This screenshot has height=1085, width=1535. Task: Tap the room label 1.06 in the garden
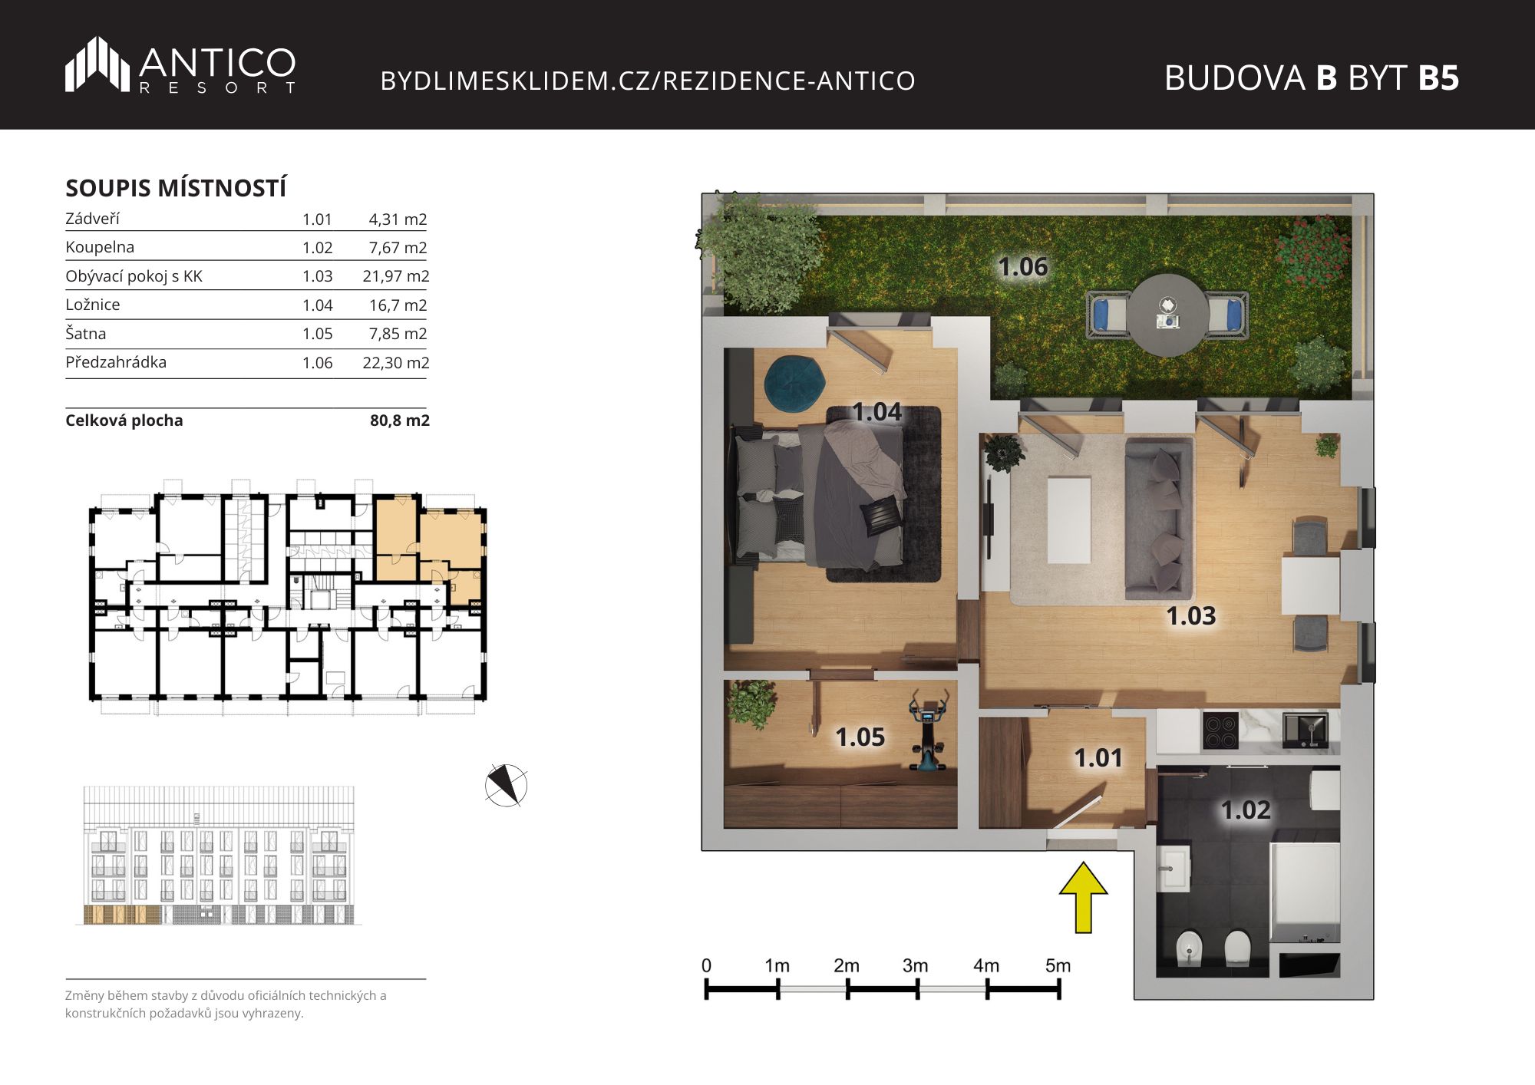tap(1022, 267)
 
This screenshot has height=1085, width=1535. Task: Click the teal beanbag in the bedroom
tap(794, 382)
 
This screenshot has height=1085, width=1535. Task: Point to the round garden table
tap(1167, 315)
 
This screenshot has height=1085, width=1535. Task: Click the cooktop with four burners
tap(1220, 731)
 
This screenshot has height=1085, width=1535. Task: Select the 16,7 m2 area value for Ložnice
tap(398, 305)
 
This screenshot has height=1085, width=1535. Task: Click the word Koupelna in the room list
tap(100, 247)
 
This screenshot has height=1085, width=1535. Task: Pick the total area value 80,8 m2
tap(400, 420)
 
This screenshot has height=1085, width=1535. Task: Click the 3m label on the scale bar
tap(915, 965)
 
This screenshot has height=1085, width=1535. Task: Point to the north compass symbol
tap(507, 785)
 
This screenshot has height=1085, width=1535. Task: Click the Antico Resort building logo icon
tap(97, 64)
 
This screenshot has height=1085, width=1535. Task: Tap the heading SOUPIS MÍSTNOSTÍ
tap(176, 188)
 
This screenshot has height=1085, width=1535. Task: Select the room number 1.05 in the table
tap(317, 334)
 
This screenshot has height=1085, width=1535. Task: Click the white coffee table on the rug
tap(1069, 520)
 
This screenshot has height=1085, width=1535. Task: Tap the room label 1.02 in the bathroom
tap(1246, 810)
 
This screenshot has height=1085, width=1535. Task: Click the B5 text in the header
tap(1438, 77)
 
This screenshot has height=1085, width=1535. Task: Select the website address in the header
tap(648, 81)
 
